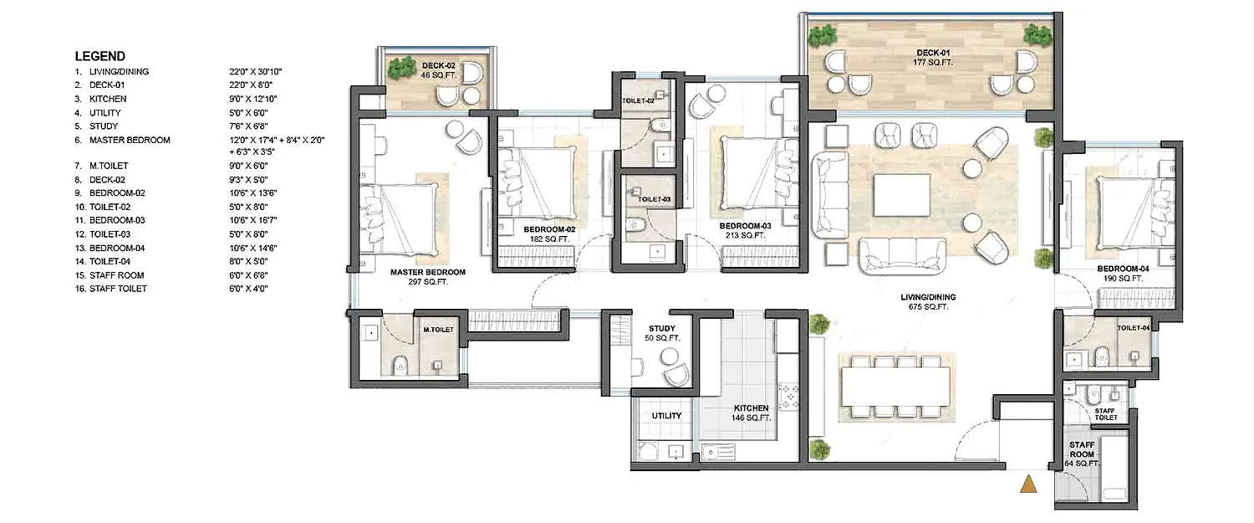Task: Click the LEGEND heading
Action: [x=100, y=56]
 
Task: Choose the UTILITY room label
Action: [x=665, y=416]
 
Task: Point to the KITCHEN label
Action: [x=749, y=408]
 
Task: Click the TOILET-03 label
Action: [x=654, y=200]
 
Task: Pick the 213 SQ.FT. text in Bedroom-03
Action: [x=743, y=236]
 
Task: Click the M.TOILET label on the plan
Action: [x=438, y=330]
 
